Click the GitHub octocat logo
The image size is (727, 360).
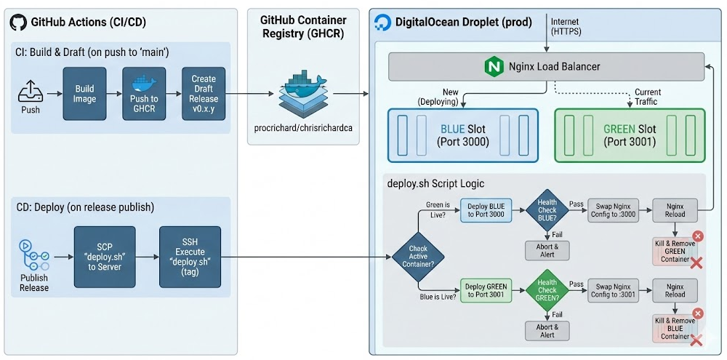point(18,23)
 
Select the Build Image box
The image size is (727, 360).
point(84,93)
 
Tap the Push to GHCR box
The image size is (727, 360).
point(144,93)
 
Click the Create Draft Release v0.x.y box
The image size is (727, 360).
point(204,93)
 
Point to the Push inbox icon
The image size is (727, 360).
point(31,93)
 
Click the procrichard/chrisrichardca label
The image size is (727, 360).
point(303,127)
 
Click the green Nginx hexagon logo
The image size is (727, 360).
point(494,68)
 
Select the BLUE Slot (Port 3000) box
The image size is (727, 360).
point(463,135)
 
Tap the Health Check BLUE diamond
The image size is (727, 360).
point(547,211)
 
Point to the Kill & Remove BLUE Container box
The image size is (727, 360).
point(675,327)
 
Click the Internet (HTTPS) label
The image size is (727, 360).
point(566,27)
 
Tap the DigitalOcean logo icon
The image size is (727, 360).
point(382,23)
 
